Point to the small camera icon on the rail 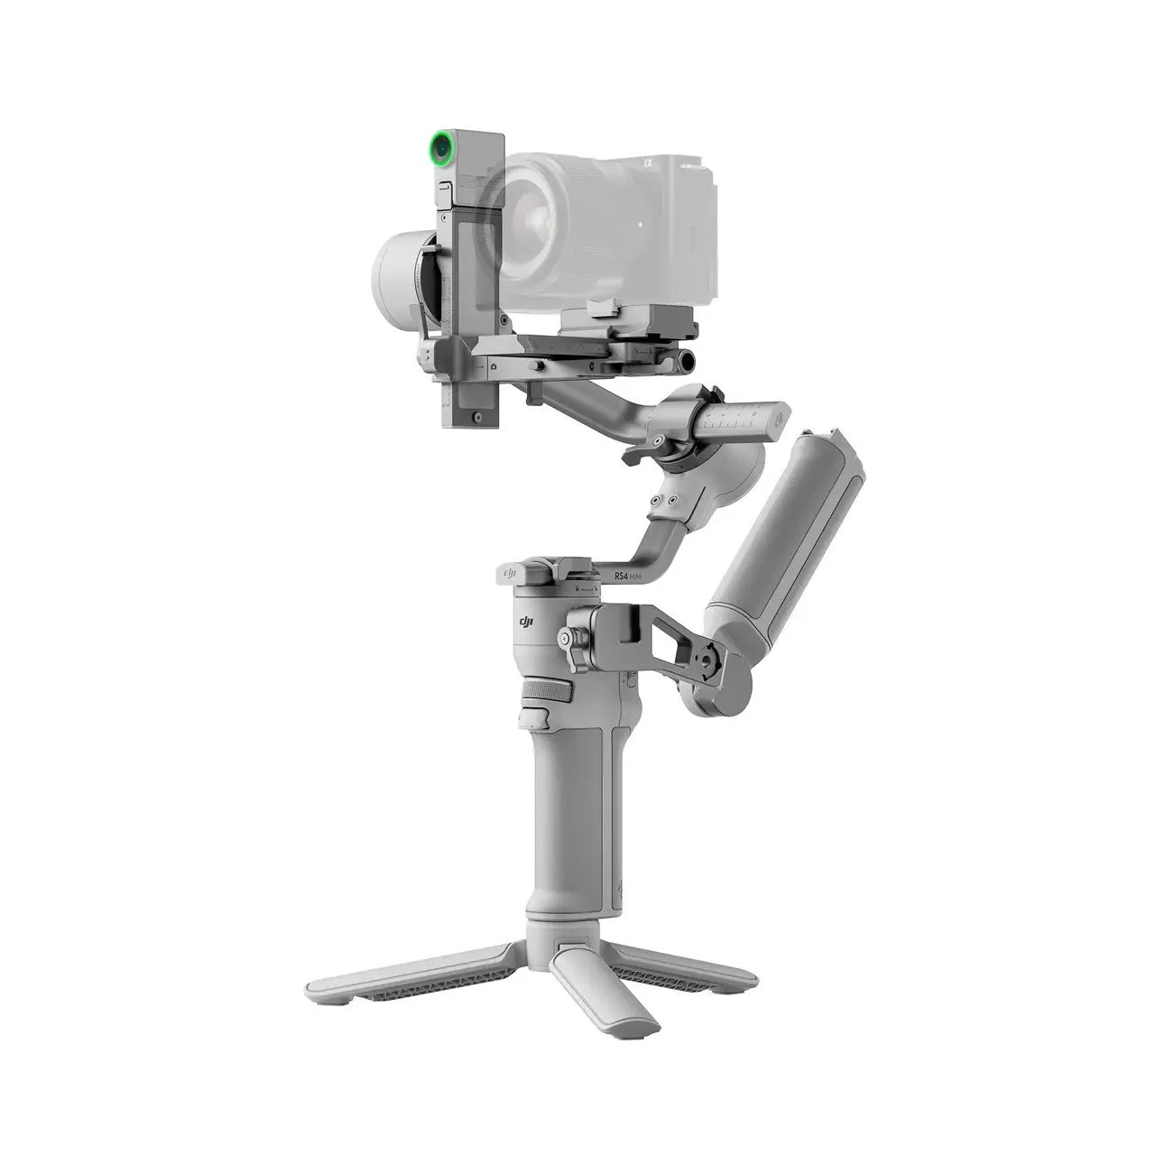tap(494, 367)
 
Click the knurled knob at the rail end tap(688, 361)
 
